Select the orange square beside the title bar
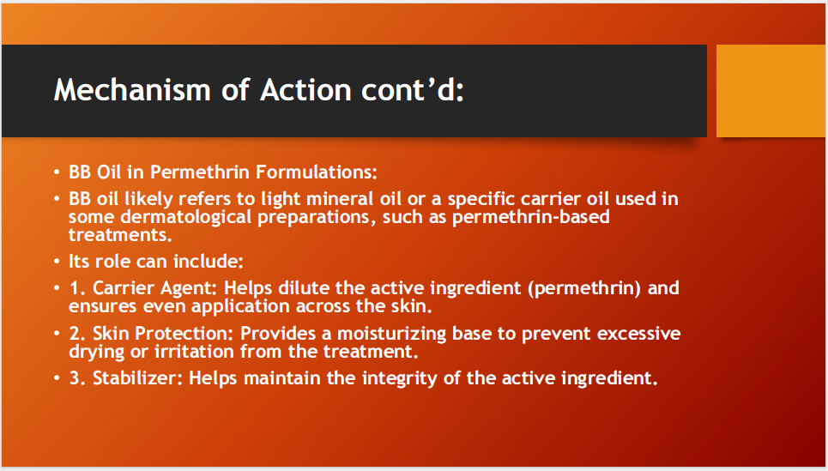[770, 91]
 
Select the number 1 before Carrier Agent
[74, 288]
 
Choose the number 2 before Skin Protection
[75, 333]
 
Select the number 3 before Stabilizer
[75, 377]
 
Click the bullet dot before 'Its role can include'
[57, 261]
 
